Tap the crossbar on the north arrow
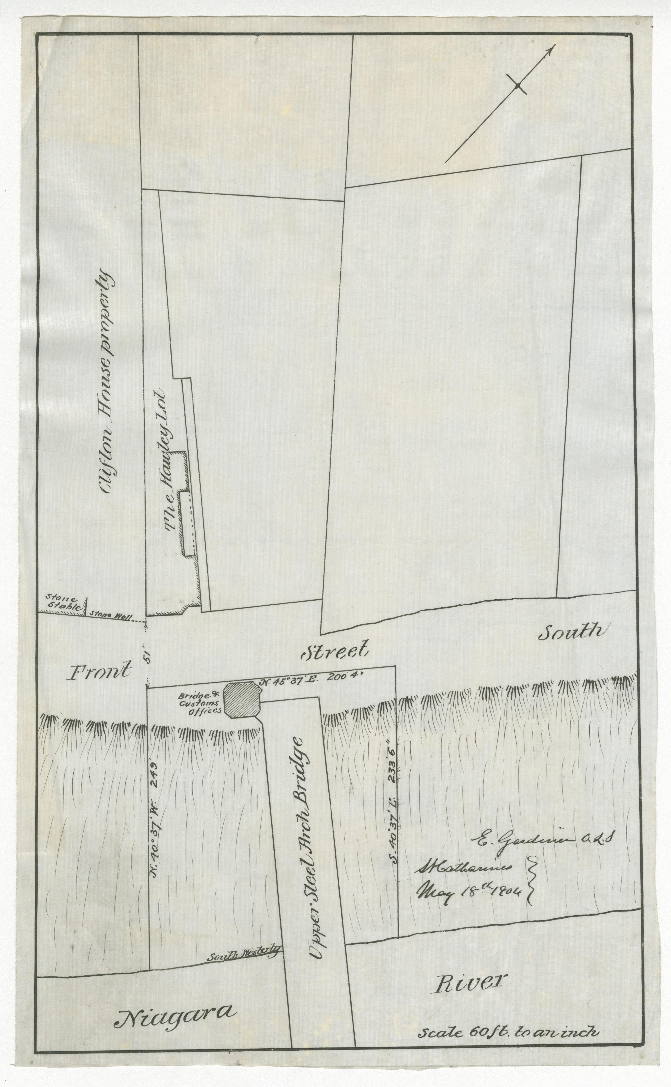(x=517, y=86)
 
